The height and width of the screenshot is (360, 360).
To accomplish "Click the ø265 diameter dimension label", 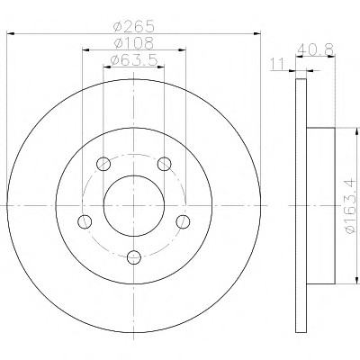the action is pos(134,26).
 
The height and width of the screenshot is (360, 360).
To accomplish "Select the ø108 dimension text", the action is pos(134,43).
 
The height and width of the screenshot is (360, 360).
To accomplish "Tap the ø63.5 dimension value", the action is pos(134,60).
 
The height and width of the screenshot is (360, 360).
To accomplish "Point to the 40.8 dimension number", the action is pos(315,49).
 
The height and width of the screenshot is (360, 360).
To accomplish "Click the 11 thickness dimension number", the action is pos(277,64).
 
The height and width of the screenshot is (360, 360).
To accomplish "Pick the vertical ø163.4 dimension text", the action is pos(350,206).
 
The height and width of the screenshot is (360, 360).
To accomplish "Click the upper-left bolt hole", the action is pos(103,164).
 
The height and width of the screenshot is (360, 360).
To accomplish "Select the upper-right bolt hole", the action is pos(165,164).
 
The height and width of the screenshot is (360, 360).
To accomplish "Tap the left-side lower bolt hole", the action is pos(85,221).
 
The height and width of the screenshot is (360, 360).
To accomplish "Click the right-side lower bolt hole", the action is pos(183,221).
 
